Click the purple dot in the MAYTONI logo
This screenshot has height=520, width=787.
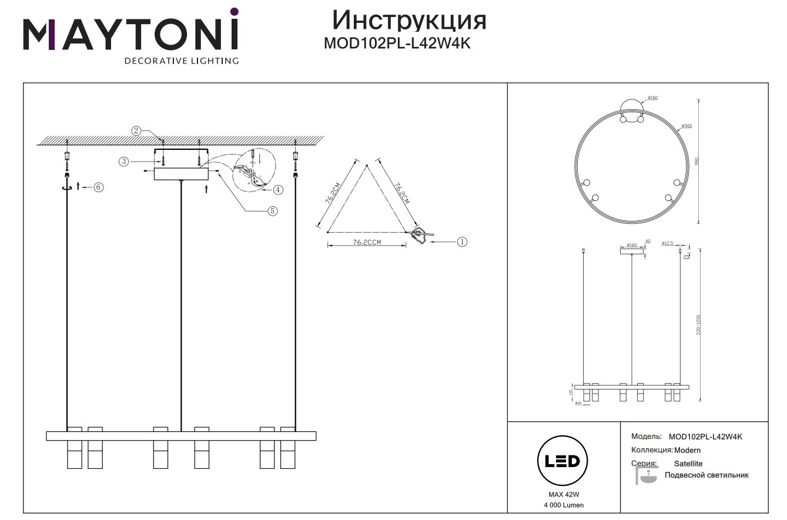pos(234,11)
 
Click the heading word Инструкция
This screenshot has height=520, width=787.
pos(409,20)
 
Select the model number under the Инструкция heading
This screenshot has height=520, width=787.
pos(397,43)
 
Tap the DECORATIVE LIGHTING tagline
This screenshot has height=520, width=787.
pos(181,61)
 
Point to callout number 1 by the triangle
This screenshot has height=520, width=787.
pos(462,241)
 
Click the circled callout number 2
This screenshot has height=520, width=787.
pos(136,130)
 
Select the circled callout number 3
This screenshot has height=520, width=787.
pos(124,161)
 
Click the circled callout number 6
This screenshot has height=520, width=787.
pos(99,187)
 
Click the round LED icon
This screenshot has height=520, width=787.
pos(562,461)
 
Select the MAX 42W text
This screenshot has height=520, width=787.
pos(562,494)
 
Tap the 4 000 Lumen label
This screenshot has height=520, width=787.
pos(562,505)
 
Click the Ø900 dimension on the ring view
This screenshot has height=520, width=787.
pos(686,126)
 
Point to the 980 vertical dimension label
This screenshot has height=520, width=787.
pos(698,161)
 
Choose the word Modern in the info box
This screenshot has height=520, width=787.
pos(688,450)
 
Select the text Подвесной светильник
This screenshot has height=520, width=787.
pos(706,475)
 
